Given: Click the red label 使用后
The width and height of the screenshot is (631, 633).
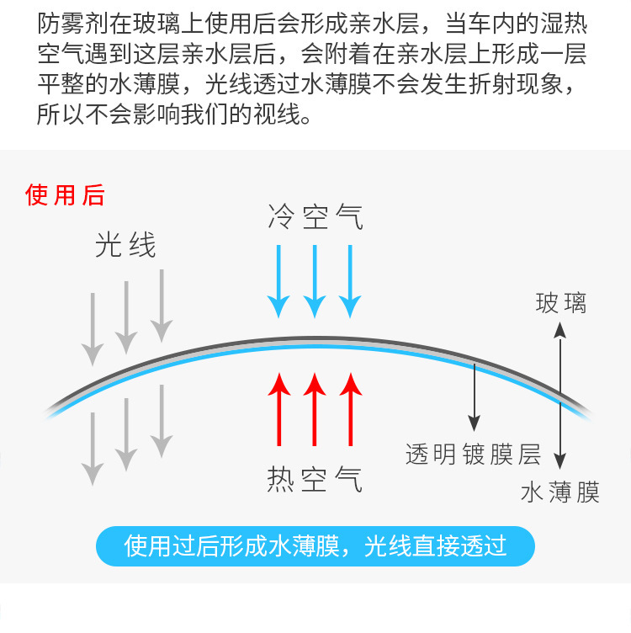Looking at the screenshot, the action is point(66,196).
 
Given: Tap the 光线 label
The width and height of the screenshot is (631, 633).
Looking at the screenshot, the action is point(125,245).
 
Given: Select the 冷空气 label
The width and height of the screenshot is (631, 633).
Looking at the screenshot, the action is point(315,216).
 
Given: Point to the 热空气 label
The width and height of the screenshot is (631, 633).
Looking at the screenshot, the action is point(315,479).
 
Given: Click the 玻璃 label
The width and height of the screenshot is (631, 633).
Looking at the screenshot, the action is point(560,303).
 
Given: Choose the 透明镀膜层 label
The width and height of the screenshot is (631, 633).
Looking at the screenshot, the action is point(473,455).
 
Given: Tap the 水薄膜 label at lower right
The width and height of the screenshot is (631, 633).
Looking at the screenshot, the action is point(560,492).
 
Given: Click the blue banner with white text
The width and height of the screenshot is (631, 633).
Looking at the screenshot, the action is point(315,546).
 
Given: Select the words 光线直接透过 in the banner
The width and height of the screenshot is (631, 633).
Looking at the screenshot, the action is point(436,546).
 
